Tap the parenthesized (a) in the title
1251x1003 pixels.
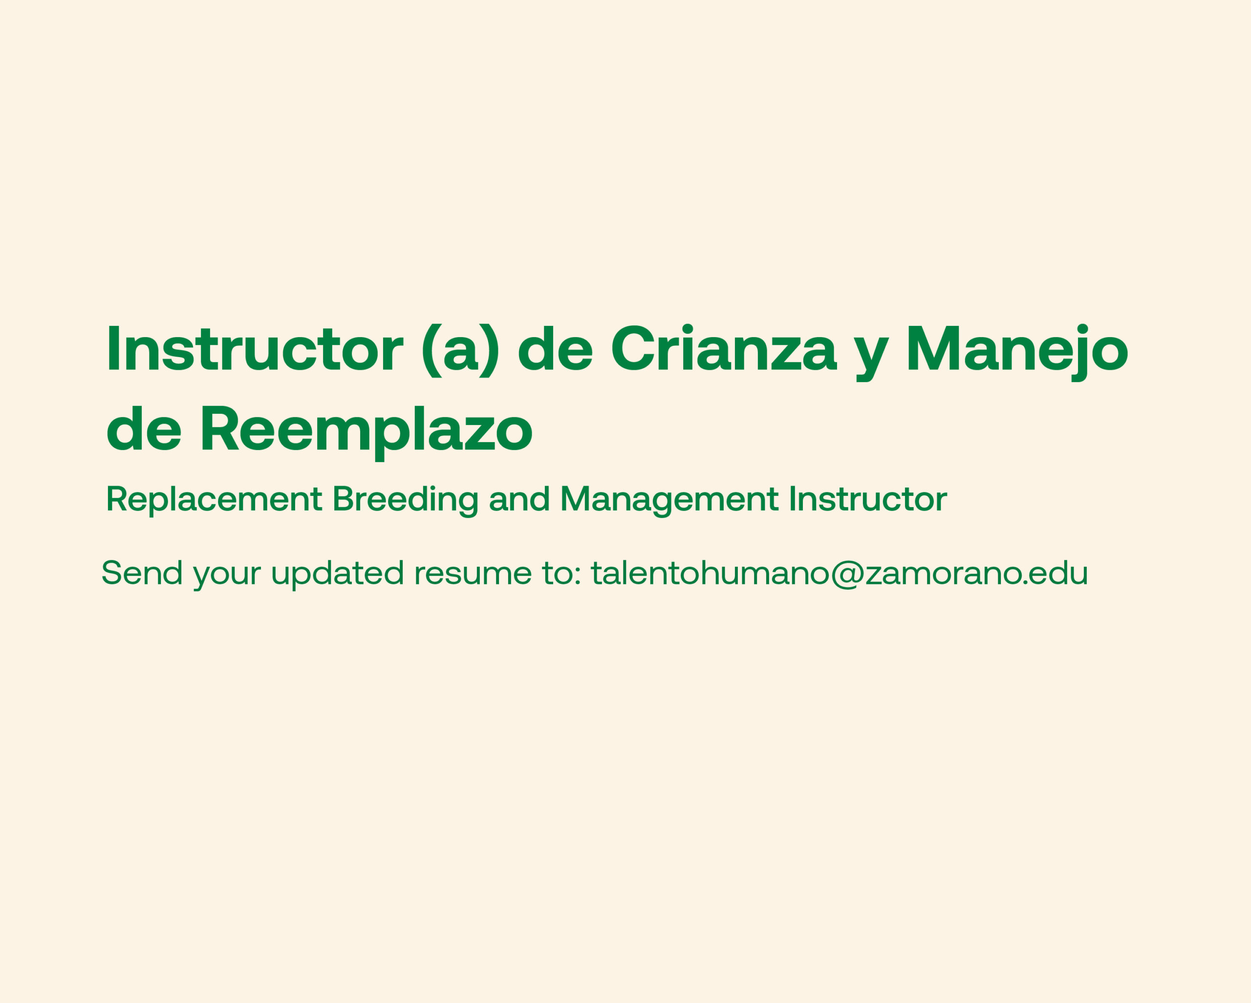(x=460, y=350)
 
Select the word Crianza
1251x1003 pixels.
(x=724, y=347)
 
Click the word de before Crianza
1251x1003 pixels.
(x=555, y=348)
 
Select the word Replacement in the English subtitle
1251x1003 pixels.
(x=214, y=499)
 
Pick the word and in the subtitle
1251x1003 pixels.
(x=519, y=499)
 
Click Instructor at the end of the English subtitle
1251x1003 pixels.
(x=867, y=499)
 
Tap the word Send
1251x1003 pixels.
(x=142, y=573)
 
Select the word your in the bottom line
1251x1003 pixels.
(x=227, y=576)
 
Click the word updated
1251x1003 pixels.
(x=337, y=575)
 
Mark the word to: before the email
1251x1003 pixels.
(x=561, y=574)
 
